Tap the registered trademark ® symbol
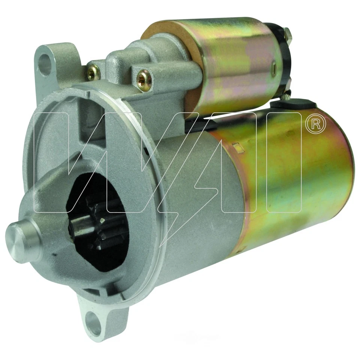pyautogui.click(x=315, y=125)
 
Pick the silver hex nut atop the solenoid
pyautogui.click(x=288, y=35)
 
